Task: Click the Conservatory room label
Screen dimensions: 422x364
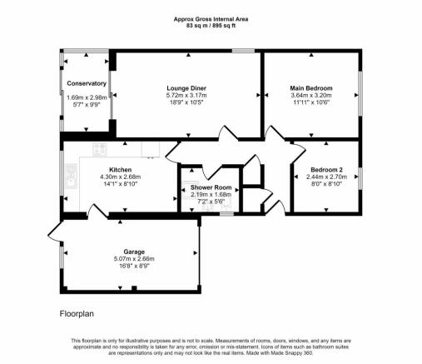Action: [x=87, y=83]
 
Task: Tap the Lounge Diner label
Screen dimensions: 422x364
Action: [x=186, y=88]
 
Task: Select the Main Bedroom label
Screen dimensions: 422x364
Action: [x=311, y=88]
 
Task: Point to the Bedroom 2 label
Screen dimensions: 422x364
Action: [x=326, y=170]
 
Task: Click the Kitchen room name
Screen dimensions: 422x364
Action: [x=121, y=170]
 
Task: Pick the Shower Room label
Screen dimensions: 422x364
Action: [x=211, y=187]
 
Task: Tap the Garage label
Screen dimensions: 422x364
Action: [x=134, y=252]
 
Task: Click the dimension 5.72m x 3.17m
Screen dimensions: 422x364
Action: [x=186, y=95]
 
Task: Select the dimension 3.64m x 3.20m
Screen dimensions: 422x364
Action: [x=311, y=95]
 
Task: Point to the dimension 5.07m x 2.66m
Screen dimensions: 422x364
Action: [x=134, y=259]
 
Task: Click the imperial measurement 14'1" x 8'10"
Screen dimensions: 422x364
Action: [x=121, y=184]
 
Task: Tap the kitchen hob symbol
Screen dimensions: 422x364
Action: [x=100, y=149]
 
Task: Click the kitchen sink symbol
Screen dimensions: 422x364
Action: [x=72, y=177]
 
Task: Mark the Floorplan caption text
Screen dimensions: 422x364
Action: [x=77, y=314]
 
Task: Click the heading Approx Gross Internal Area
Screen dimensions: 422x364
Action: [x=211, y=19]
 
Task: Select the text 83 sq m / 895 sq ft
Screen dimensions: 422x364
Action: [x=211, y=26]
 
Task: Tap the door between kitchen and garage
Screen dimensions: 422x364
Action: [x=97, y=212]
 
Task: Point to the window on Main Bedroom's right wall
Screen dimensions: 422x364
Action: [x=360, y=93]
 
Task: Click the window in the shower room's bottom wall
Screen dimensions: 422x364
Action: [x=227, y=214]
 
